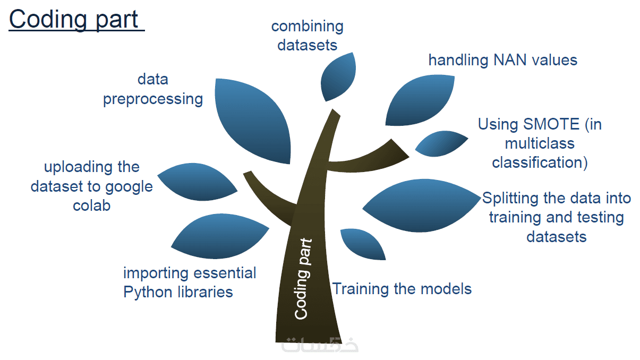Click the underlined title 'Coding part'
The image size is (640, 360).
[x=74, y=20]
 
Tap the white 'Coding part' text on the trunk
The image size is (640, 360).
[x=303, y=279]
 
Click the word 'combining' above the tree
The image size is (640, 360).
[x=307, y=27]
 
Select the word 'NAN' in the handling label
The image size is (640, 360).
[x=510, y=60]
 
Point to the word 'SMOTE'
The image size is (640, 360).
[x=551, y=124]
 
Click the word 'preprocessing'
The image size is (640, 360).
[x=153, y=99]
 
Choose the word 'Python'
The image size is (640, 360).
[x=148, y=292]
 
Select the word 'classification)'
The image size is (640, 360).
[x=540, y=162]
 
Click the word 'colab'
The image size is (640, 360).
[x=91, y=205]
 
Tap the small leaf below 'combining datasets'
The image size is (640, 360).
[x=338, y=76]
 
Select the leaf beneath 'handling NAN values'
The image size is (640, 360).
[x=420, y=100]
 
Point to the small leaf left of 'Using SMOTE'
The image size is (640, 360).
[x=441, y=144]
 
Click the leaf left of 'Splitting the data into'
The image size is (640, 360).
[x=421, y=205]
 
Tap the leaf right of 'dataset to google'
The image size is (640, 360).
[x=197, y=182]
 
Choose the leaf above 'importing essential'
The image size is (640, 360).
[x=220, y=236]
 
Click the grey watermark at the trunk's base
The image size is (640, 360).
[x=320, y=345]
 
